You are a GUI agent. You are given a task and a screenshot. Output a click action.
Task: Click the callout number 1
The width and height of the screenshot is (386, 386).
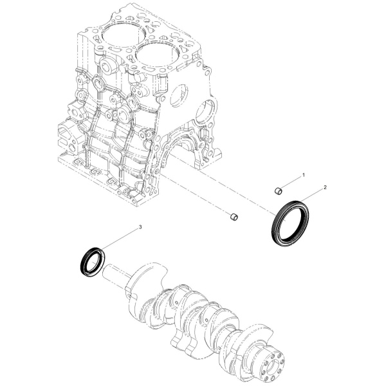(304, 175)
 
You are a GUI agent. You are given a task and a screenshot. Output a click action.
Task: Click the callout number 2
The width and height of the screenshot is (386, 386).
(325, 188)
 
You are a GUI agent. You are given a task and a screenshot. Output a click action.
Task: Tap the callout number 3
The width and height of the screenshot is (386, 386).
(140, 227)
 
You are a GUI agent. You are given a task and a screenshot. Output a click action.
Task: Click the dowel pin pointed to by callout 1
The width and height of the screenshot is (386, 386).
(278, 190)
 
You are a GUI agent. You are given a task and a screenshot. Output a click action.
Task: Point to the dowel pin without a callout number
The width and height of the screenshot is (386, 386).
(234, 216)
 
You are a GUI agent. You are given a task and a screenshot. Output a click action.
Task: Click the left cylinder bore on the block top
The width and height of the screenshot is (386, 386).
(122, 35)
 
